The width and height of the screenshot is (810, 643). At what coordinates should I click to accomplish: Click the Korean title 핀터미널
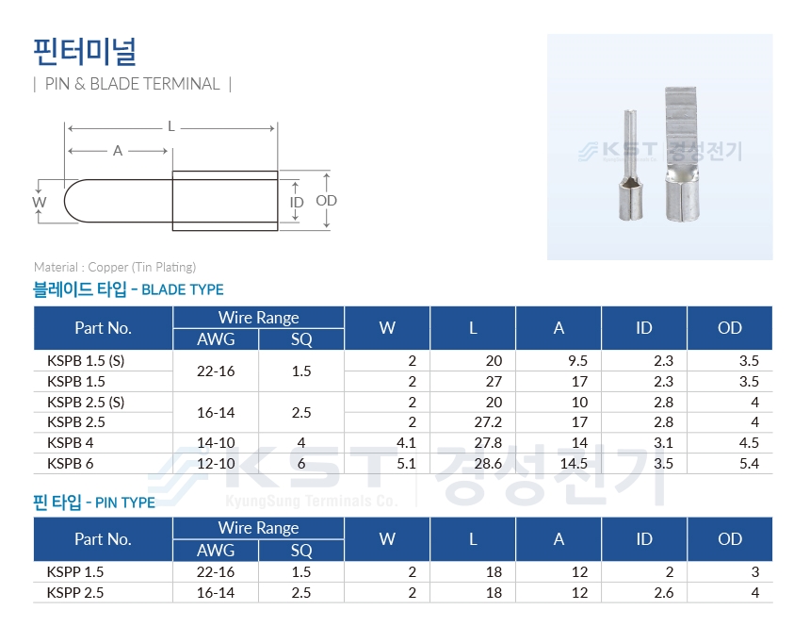tap(85, 51)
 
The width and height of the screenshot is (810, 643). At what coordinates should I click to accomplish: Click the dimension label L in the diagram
tap(171, 126)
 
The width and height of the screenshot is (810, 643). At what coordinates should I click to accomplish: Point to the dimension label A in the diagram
tap(118, 151)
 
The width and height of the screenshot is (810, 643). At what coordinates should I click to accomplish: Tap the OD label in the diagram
tap(326, 200)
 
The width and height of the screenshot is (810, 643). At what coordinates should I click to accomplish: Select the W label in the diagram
tap(40, 202)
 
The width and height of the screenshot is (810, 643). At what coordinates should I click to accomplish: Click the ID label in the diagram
tap(297, 202)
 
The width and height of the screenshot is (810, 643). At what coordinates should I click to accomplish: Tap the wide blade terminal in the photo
tap(683, 155)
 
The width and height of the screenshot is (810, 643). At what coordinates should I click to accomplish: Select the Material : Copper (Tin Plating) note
tap(115, 267)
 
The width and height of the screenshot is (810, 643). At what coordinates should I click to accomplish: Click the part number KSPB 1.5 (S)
tap(86, 360)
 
